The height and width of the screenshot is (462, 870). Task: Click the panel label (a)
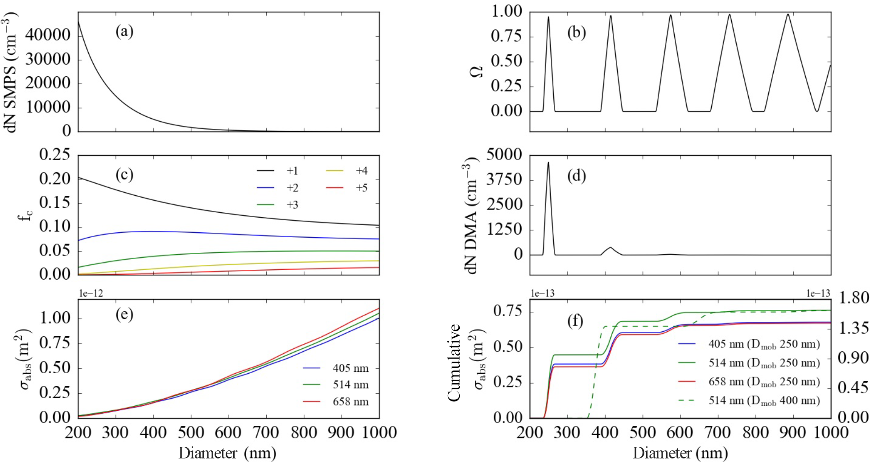click(124, 32)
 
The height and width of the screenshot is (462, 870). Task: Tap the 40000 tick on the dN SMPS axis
click(48, 35)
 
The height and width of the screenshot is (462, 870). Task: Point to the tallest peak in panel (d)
click(548, 163)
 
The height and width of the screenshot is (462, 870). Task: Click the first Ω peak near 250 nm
click(548, 17)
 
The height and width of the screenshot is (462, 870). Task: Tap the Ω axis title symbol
click(477, 71)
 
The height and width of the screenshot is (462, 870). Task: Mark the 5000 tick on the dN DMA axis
click(504, 155)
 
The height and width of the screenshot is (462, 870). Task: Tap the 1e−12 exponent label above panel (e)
click(91, 293)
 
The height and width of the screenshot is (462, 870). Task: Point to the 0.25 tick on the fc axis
click(54, 155)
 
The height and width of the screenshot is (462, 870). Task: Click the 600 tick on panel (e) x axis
click(228, 432)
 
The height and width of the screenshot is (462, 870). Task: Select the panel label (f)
click(575, 321)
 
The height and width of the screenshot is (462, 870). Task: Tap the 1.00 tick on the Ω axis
click(506, 12)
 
